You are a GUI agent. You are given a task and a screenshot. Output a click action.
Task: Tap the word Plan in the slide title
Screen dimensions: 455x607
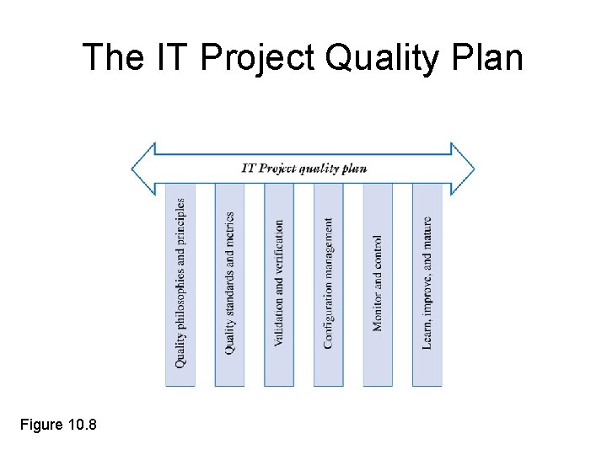point(488,57)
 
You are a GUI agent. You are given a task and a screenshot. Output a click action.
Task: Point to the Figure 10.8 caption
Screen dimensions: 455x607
point(58,424)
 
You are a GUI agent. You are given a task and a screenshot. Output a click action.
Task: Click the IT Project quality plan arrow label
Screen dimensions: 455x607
point(303,168)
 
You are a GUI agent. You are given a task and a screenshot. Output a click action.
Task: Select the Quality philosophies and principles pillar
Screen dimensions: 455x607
point(180,285)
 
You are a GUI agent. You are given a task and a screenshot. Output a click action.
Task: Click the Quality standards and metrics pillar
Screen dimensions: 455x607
point(229,285)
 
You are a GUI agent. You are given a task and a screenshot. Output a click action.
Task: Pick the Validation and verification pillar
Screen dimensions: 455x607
point(279,285)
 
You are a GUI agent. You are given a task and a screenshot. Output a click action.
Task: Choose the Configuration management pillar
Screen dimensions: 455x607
point(328,285)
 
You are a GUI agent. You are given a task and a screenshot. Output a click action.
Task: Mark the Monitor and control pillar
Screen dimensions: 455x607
point(378,285)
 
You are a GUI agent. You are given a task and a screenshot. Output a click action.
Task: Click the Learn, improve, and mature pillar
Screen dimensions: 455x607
point(427,285)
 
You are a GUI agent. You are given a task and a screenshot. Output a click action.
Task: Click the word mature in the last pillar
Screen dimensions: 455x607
point(427,233)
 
